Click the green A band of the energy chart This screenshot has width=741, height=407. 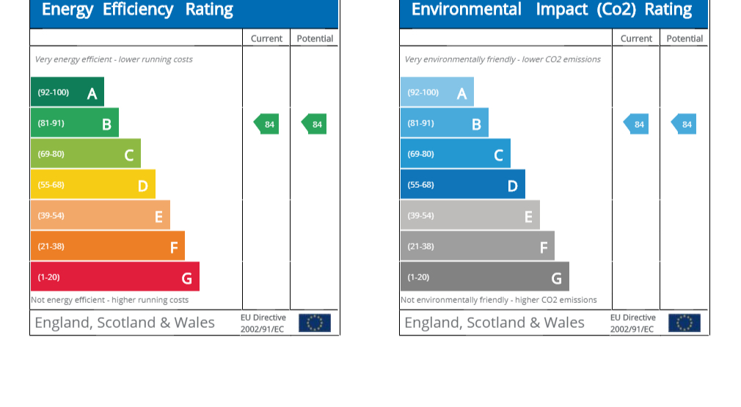pyautogui.click(x=67, y=92)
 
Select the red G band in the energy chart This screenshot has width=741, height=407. pyautogui.click(x=114, y=277)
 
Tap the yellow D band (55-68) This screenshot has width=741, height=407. pyautogui.click(x=92, y=185)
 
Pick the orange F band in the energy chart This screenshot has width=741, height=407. pyautogui.click(x=107, y=246)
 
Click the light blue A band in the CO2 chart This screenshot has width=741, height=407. pyautogui.click(x=437, y=92)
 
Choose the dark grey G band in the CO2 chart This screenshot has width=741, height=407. pyautogui.click(x=484, y=277)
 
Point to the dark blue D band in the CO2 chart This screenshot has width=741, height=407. pyautogui.click(x=462, y=185)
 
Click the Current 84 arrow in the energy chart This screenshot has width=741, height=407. pyautogui.click(x=267, y=124)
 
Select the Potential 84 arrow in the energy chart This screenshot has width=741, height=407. pyautogui.click(x=315, y=124)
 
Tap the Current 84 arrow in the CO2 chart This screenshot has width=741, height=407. pyautogui.click(x=637, y=124)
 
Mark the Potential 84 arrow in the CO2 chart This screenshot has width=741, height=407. pyautogui.click(x=685, y=124)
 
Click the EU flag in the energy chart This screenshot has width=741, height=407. pyautogui.click(x=315, y=323)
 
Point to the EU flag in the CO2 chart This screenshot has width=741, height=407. pyautogui.click(x=685, y=323)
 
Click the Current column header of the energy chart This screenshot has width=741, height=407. pyautogui.click(x=266, y=39)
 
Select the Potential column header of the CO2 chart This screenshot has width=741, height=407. pyautogui.click(x=685, y=39)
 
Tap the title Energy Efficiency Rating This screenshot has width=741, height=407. pyautogui.click(x=137, y=10)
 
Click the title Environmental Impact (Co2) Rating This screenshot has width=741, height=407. pyautogui.click(x=552, y=10)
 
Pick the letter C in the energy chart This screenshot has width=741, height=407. pyautogui.click(x=129, y=155)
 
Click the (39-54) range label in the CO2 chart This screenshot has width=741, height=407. pyautogui.click(x=421, y=216)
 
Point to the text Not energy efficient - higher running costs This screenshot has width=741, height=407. pyautogui.click(x=110, y=300)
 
